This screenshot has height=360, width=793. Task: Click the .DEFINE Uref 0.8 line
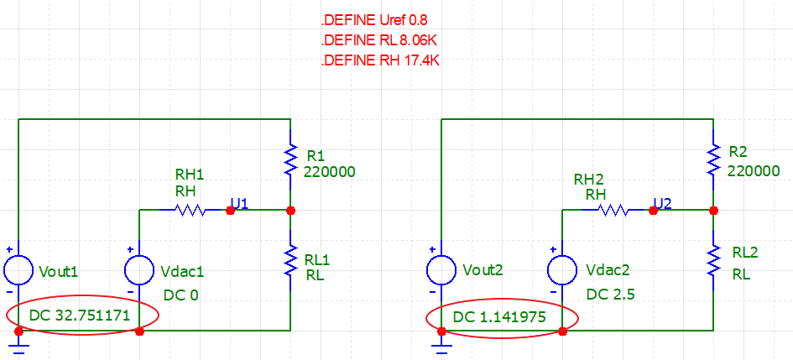click(374, 21)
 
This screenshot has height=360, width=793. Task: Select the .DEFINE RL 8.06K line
click(379, 41)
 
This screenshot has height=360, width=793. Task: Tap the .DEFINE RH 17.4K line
click(380, 61)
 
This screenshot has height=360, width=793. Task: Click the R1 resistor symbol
click(290, 159)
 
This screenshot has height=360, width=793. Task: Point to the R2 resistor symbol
click(713, 159)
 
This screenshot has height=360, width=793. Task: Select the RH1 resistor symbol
click(189, 210)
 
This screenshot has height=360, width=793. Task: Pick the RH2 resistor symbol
click(613, 210)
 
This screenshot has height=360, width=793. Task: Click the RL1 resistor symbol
click(290, 260)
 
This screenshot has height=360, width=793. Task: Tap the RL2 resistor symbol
click(713, 260)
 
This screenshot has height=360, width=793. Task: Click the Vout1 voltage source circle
click(18, 270)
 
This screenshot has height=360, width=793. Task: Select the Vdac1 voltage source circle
click(139, 270)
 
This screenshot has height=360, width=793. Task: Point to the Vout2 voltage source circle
click(441, 270)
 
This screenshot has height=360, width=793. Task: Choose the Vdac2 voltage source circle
click(562, 270)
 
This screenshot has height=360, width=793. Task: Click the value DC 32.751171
click(80, 316)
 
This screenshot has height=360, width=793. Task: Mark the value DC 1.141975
click(499, 317)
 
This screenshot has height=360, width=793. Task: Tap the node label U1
click(239, 204)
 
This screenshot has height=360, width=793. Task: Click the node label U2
click(663, 204)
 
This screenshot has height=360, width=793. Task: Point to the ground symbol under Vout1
click(18, 346)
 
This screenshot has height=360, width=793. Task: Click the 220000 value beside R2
click(754, 172)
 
